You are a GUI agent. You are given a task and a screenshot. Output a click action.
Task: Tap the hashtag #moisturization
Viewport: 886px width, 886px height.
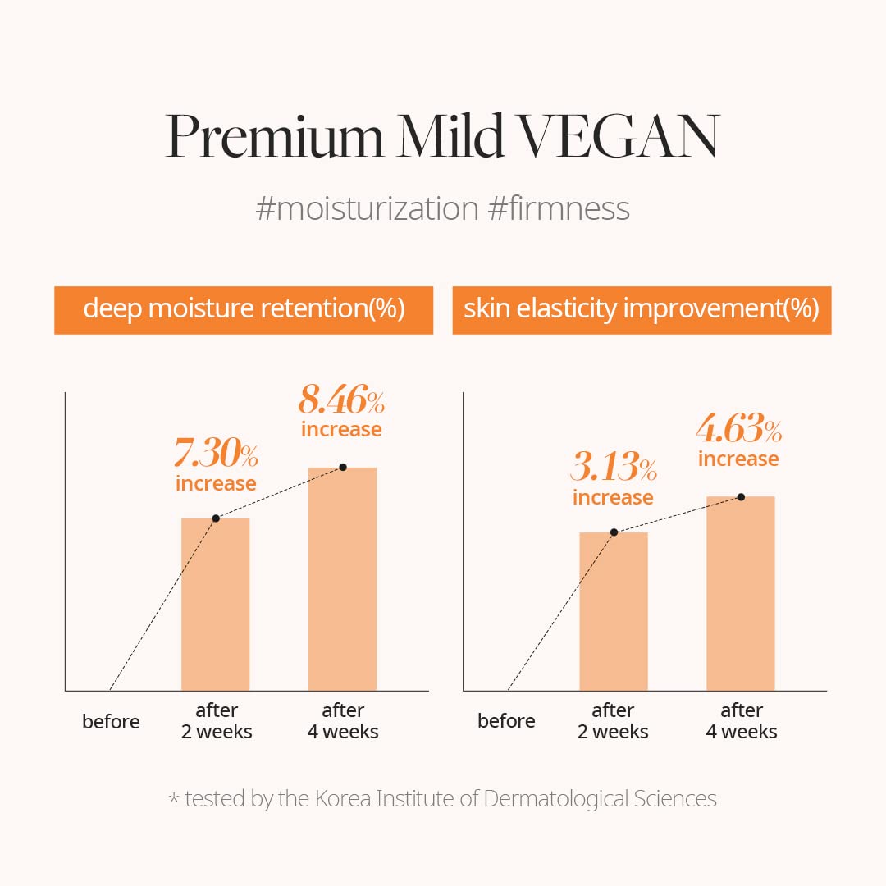(x=367, y=208)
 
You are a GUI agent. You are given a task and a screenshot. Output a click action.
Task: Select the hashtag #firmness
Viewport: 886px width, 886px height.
(x=559, y=208)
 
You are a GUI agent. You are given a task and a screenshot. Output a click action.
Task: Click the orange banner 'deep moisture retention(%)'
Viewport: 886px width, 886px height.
(x=244, y=309)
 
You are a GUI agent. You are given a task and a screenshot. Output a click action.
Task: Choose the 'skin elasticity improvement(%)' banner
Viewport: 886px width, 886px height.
(x=642, y=309)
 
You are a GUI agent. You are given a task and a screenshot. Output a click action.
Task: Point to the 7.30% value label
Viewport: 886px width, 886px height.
(x=216, y=454)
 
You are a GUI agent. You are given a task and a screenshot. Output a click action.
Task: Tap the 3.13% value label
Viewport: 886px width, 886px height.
(x=613, y=469)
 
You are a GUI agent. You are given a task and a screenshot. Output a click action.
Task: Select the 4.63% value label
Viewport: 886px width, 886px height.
(x=738, y=430)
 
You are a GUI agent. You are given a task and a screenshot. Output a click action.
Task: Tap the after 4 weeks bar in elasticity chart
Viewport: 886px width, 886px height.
(x=740, y=594)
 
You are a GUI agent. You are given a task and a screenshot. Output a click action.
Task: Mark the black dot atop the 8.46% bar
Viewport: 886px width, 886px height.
(x=343, y=467)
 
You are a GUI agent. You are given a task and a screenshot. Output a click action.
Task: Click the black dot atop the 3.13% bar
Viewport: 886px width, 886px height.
(x=614, y=532)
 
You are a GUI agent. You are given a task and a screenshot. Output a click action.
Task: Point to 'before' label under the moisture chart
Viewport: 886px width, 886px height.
(x=111, y=722)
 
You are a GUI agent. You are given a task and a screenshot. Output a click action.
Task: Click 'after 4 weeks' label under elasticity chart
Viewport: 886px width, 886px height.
(x=742, y=721)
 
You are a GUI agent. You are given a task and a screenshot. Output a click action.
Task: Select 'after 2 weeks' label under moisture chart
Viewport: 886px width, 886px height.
(x=217, y=721)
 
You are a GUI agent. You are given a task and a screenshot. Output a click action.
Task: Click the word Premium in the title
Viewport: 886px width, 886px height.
(x=274, y=136)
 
